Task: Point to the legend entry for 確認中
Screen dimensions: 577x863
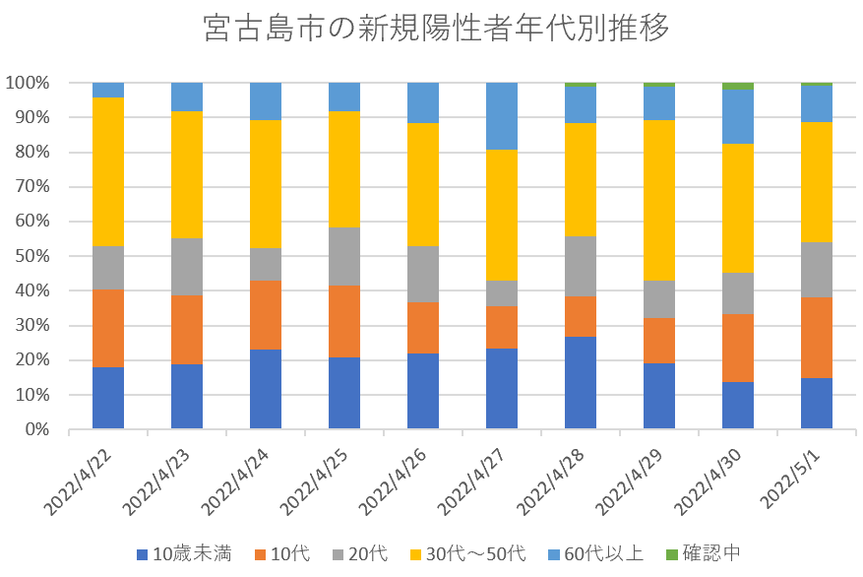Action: (x=701, y=553)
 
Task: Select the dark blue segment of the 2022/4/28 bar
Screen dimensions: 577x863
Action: (x=581, y=383)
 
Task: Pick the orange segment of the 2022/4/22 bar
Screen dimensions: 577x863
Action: (x=108, y=328)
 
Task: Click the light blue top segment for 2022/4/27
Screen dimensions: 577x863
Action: (x=502, y=116)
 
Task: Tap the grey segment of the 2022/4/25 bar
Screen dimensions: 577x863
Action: (x=344, y=256)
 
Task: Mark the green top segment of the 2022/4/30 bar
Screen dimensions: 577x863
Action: (x=738, y=87)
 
